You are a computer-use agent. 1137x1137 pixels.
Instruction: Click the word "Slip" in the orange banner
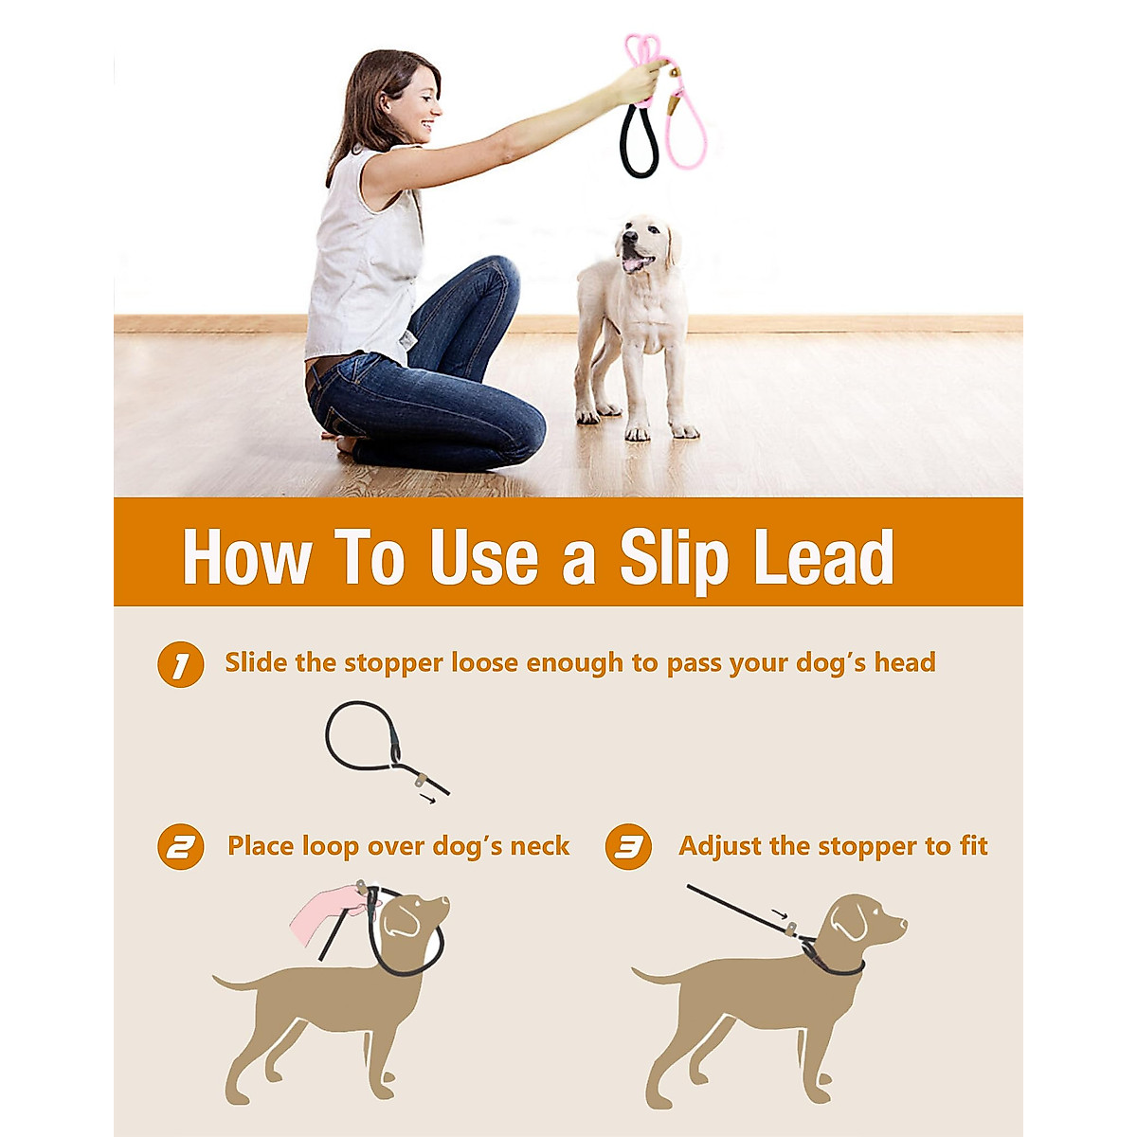674,558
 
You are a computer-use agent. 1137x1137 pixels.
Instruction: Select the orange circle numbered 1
180,665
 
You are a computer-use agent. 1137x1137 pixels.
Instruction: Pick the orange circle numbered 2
180,847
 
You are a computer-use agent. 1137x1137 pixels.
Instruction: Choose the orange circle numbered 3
628,847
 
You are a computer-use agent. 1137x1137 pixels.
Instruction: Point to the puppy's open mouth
638,262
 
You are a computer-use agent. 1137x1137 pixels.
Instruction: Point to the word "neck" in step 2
539,846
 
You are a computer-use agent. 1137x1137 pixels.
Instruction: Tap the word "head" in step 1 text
904,662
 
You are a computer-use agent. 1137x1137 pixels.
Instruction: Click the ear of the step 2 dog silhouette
403,918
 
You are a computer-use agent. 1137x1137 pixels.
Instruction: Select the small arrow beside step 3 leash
779,914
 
